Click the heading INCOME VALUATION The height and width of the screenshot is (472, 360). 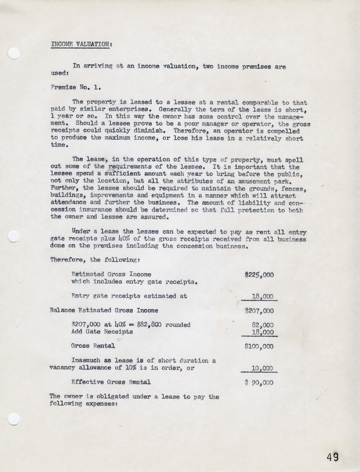(x=80, y=44)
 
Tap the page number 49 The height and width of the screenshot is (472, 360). (x=332, y=457)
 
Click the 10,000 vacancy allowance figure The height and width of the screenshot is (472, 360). (x=262, y=369)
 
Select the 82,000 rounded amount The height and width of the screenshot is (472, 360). (x=262, y=325)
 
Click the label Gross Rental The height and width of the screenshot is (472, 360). (x=93, y=346)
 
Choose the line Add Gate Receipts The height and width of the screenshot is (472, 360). (x=102, y=332)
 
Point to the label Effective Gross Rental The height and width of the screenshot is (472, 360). (x=111, y=382)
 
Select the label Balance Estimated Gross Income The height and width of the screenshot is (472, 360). (x=104, y=310)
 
